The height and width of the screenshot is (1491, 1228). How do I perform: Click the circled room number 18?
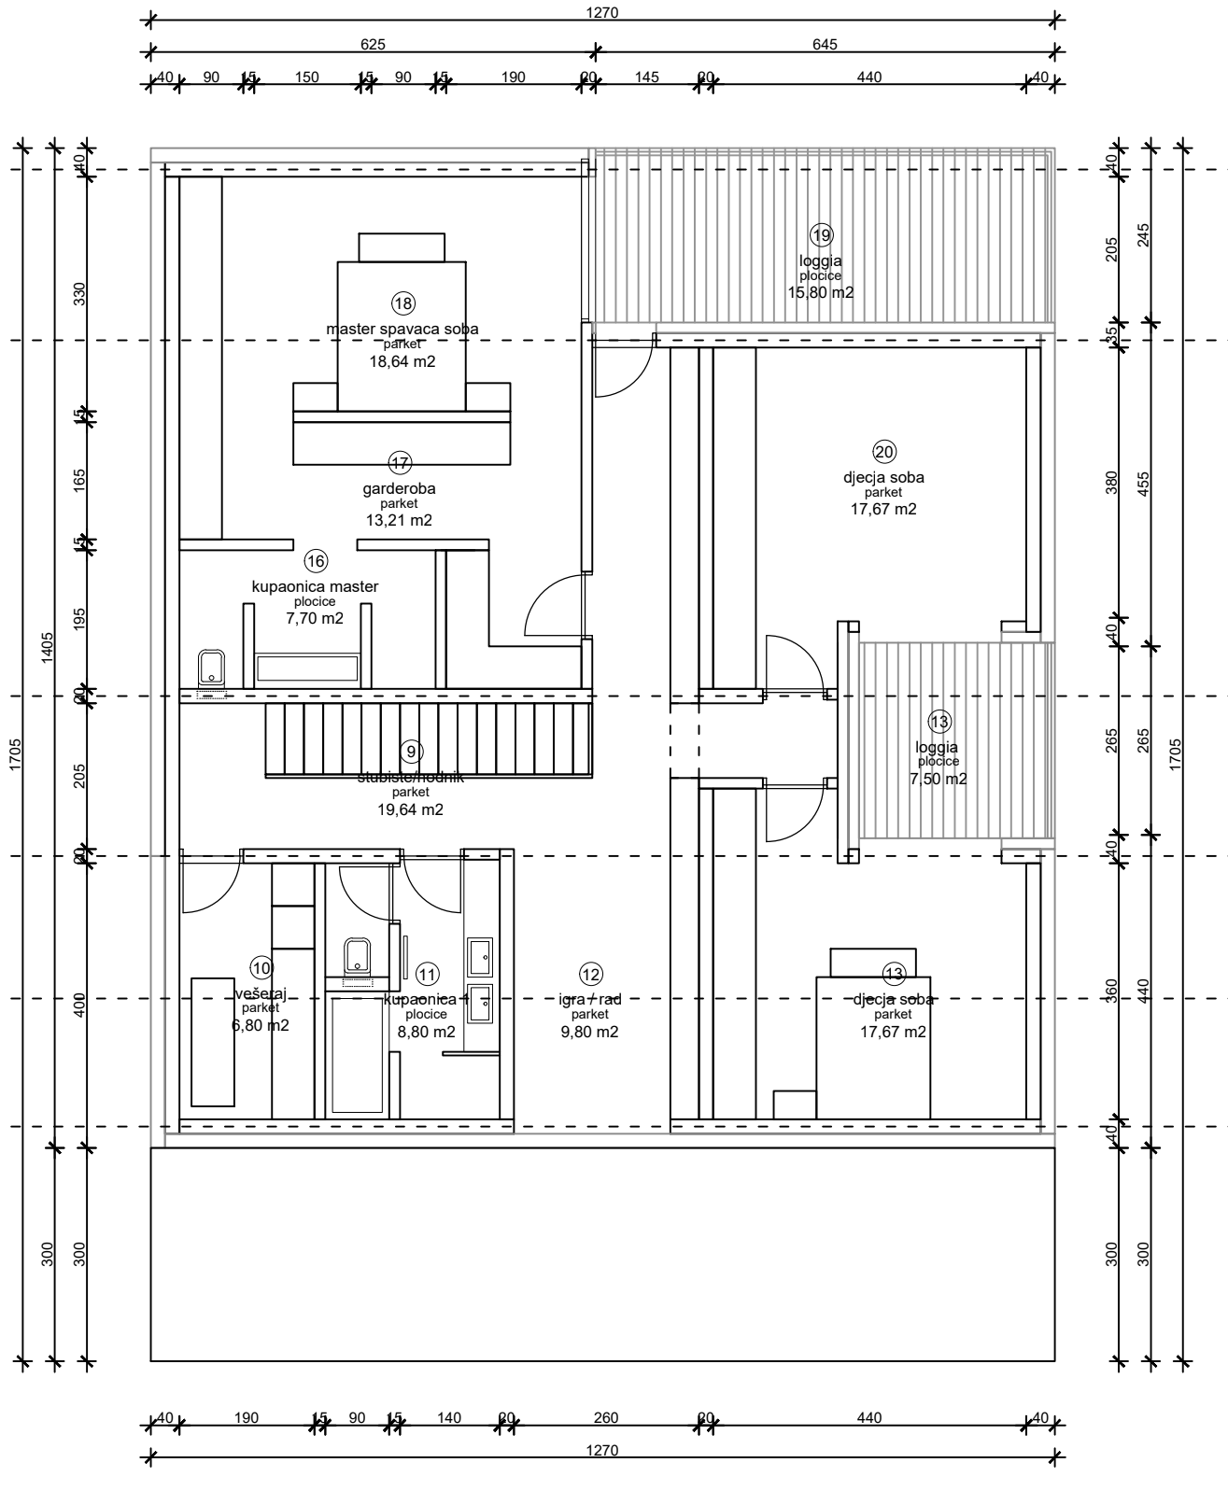pos(402,303)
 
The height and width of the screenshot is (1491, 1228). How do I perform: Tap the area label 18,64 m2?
pos(402,361)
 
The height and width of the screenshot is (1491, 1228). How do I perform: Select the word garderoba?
pos(399,488)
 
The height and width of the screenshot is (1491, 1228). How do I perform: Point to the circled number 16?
pos(316,561)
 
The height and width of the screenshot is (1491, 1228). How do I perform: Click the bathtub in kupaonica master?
pos(307,668)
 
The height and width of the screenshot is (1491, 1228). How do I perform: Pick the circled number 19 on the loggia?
pos(821,234)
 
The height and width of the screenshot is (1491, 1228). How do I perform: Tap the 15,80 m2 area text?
pos(821,292)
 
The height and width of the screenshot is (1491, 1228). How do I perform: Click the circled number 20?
pos(883,452)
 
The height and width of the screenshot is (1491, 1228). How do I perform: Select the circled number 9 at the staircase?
pos(410,751)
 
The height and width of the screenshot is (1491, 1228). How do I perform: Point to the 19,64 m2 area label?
pos(410,809)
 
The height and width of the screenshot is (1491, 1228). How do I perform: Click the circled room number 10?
pos(261,968)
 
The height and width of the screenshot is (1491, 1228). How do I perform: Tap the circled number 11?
pos(427,975)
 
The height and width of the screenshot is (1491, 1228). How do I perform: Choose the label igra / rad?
pos(590,1000)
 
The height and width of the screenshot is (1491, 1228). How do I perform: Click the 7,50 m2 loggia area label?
pos(939,780)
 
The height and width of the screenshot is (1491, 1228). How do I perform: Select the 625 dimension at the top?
pos(373,44)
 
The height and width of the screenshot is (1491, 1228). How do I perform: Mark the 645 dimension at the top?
pos(826,44)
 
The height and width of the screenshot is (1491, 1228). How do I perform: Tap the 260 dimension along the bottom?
pos(606,1418)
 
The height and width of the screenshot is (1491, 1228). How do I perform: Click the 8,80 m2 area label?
pos(427,1032)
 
